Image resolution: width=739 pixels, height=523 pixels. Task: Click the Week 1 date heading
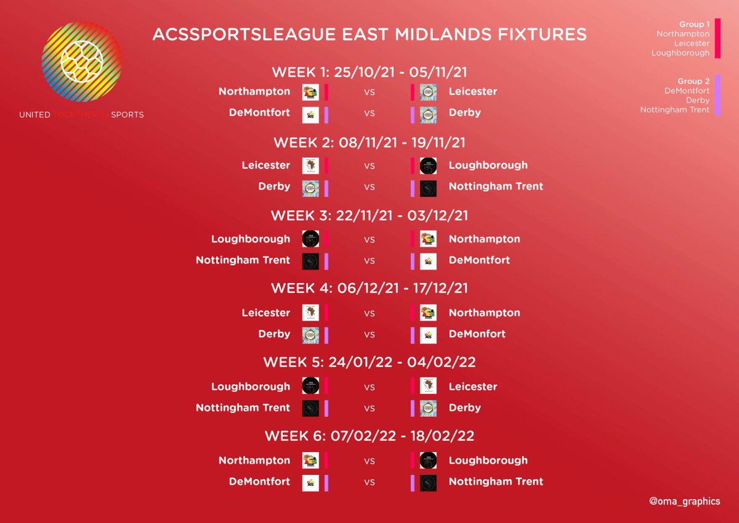click(369, 72)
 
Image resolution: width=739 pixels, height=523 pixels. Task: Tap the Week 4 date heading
click(369, 288)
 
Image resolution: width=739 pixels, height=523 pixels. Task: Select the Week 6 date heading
click(369, 436)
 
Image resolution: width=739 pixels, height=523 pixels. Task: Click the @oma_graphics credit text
click(684, 501)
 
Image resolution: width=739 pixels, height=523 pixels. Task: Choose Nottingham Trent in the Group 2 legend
click(675, 110)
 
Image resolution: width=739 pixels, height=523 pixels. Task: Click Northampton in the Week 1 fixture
click(254, 91)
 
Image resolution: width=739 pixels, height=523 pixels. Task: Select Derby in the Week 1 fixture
click(464, 113)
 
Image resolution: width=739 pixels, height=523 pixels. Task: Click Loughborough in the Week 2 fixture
click(488, 165)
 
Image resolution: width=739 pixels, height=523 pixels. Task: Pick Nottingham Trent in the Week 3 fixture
click(243, 260)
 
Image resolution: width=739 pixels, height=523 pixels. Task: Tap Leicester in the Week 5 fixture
click(472, 387)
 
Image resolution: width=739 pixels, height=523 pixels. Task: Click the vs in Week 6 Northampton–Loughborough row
click(369, 461)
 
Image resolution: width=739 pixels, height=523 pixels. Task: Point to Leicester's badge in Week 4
click(310, 313)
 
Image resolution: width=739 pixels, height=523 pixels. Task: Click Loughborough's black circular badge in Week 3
click(310, 239)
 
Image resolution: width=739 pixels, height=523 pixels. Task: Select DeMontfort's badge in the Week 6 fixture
click(310, 482)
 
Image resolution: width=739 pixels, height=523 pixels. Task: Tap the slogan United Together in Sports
click(81, 115)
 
